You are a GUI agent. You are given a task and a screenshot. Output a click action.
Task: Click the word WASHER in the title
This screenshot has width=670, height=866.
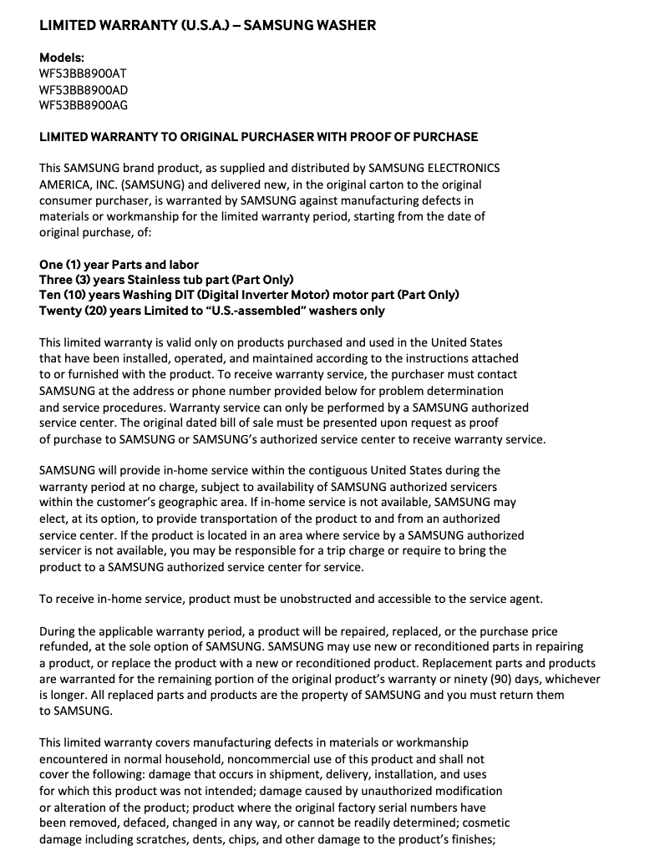[x=343, y=25]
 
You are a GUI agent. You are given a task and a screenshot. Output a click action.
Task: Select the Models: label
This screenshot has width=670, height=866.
[x=62, y=58]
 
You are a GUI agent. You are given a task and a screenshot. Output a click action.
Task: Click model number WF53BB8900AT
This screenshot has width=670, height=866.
[x=84, y=73]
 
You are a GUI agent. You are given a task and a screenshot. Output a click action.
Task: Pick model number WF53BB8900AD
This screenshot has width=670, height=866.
[x=84, y=89]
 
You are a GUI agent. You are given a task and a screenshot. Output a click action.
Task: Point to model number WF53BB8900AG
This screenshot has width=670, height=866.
[x=84, y=105]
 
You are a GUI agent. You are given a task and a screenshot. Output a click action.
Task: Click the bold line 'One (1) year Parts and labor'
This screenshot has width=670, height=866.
[x=119, y=264]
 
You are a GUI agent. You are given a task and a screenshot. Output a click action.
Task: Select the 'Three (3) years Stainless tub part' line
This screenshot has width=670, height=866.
[x=166, y=279]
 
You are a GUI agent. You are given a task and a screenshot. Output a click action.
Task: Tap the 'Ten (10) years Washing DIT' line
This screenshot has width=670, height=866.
[x=249, y=295]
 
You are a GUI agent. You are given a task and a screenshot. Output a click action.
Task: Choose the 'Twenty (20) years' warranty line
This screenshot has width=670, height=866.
[x=212, y=310]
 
